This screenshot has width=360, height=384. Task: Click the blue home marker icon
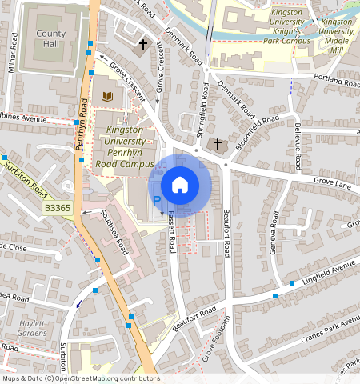[180, 185]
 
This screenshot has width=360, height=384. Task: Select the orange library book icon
[107, 97]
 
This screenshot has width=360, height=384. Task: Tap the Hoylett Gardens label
[32, 327]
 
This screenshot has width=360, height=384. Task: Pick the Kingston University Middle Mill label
[337, 31]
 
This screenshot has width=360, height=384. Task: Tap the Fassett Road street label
[171, 238]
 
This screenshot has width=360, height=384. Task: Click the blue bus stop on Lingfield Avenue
[275, 296]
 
